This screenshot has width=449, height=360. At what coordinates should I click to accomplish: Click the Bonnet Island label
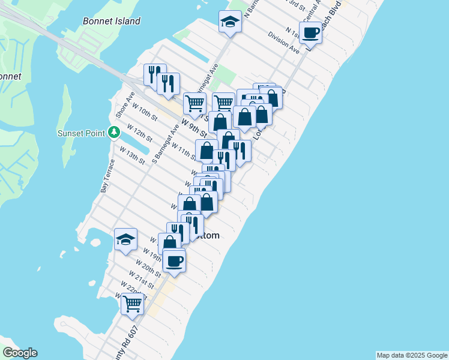(x=112, y=21)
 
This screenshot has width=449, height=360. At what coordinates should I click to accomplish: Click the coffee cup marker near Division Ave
(x=310, y=33)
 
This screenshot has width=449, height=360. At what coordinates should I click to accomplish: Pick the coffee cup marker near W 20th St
(x=174, y=262)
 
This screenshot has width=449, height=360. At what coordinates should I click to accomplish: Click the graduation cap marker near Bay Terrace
(x=125, y=240)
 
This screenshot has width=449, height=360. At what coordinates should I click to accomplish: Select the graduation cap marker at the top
(x=229, y=23)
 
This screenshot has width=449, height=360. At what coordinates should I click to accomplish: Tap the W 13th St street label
(x=132, y=155)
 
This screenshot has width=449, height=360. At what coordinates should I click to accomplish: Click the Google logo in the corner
(x=20, y=353)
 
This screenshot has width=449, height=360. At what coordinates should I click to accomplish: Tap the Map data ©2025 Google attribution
(x=412, y=355)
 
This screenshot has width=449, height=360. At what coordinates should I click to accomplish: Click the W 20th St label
(x=148, y=268)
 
